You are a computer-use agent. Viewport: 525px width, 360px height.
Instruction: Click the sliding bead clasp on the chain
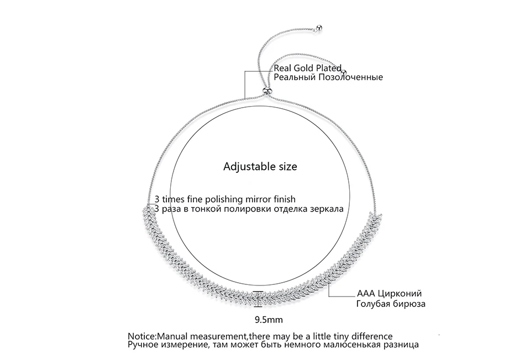point(267,91)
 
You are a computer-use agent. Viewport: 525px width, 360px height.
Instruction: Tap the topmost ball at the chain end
point(319,28)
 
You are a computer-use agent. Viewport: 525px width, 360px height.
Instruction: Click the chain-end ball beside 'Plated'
point(344,72)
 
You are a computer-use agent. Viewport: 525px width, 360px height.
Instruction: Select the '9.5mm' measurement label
point(269,320)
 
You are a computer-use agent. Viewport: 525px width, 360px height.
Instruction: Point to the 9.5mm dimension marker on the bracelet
point(258,299)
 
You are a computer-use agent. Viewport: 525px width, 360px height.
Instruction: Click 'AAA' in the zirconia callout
point(366,293)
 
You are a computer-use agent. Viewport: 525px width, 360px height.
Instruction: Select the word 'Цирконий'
point(400,294)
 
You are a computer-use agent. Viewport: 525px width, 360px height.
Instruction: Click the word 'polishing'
point(224,200)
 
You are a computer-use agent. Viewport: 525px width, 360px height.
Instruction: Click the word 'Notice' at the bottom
point(141,336)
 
